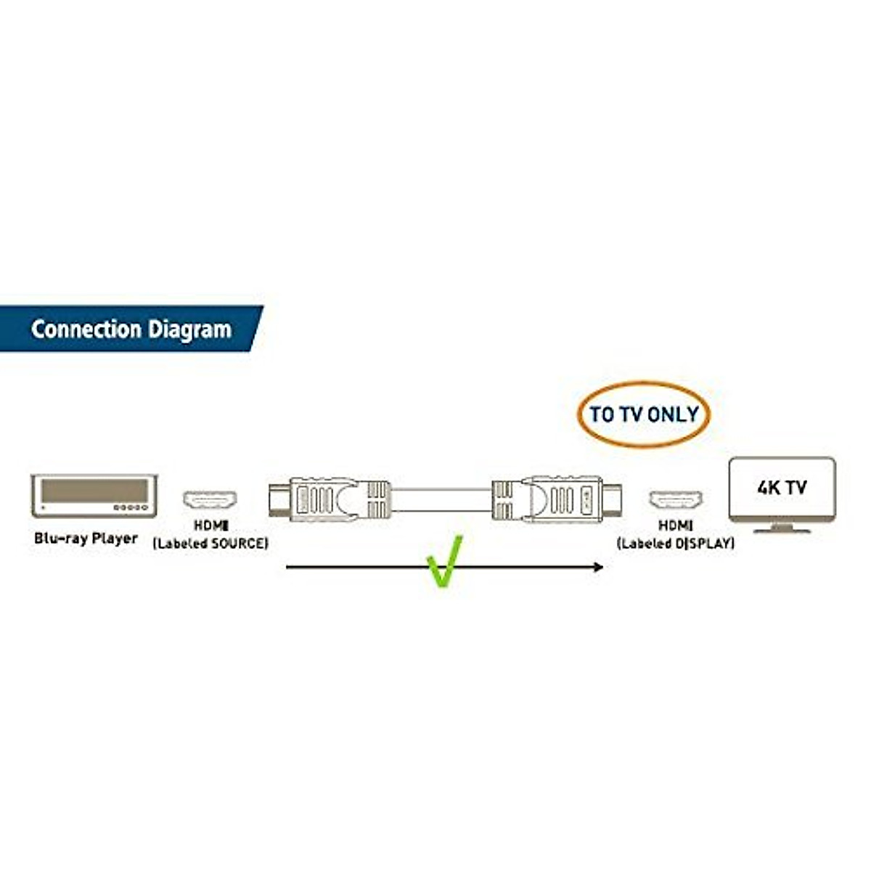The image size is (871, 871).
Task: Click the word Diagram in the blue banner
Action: click(189, 330)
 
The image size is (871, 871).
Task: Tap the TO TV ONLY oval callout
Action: click(644, 414)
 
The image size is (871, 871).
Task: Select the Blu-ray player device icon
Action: click(94, 496)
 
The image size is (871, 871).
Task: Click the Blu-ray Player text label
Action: click(86, 538)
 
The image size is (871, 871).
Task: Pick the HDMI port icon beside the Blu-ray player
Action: click(210, 500)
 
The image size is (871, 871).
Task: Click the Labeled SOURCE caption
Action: click(210, 543)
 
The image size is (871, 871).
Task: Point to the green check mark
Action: click(443, 561)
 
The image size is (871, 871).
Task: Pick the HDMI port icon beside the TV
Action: click(675, 500)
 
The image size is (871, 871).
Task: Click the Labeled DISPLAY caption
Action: click(675, 543)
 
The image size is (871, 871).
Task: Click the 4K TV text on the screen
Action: click(782, 488)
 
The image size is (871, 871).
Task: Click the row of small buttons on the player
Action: click(133, 507)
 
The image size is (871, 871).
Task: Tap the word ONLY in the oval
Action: click(673, 414)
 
